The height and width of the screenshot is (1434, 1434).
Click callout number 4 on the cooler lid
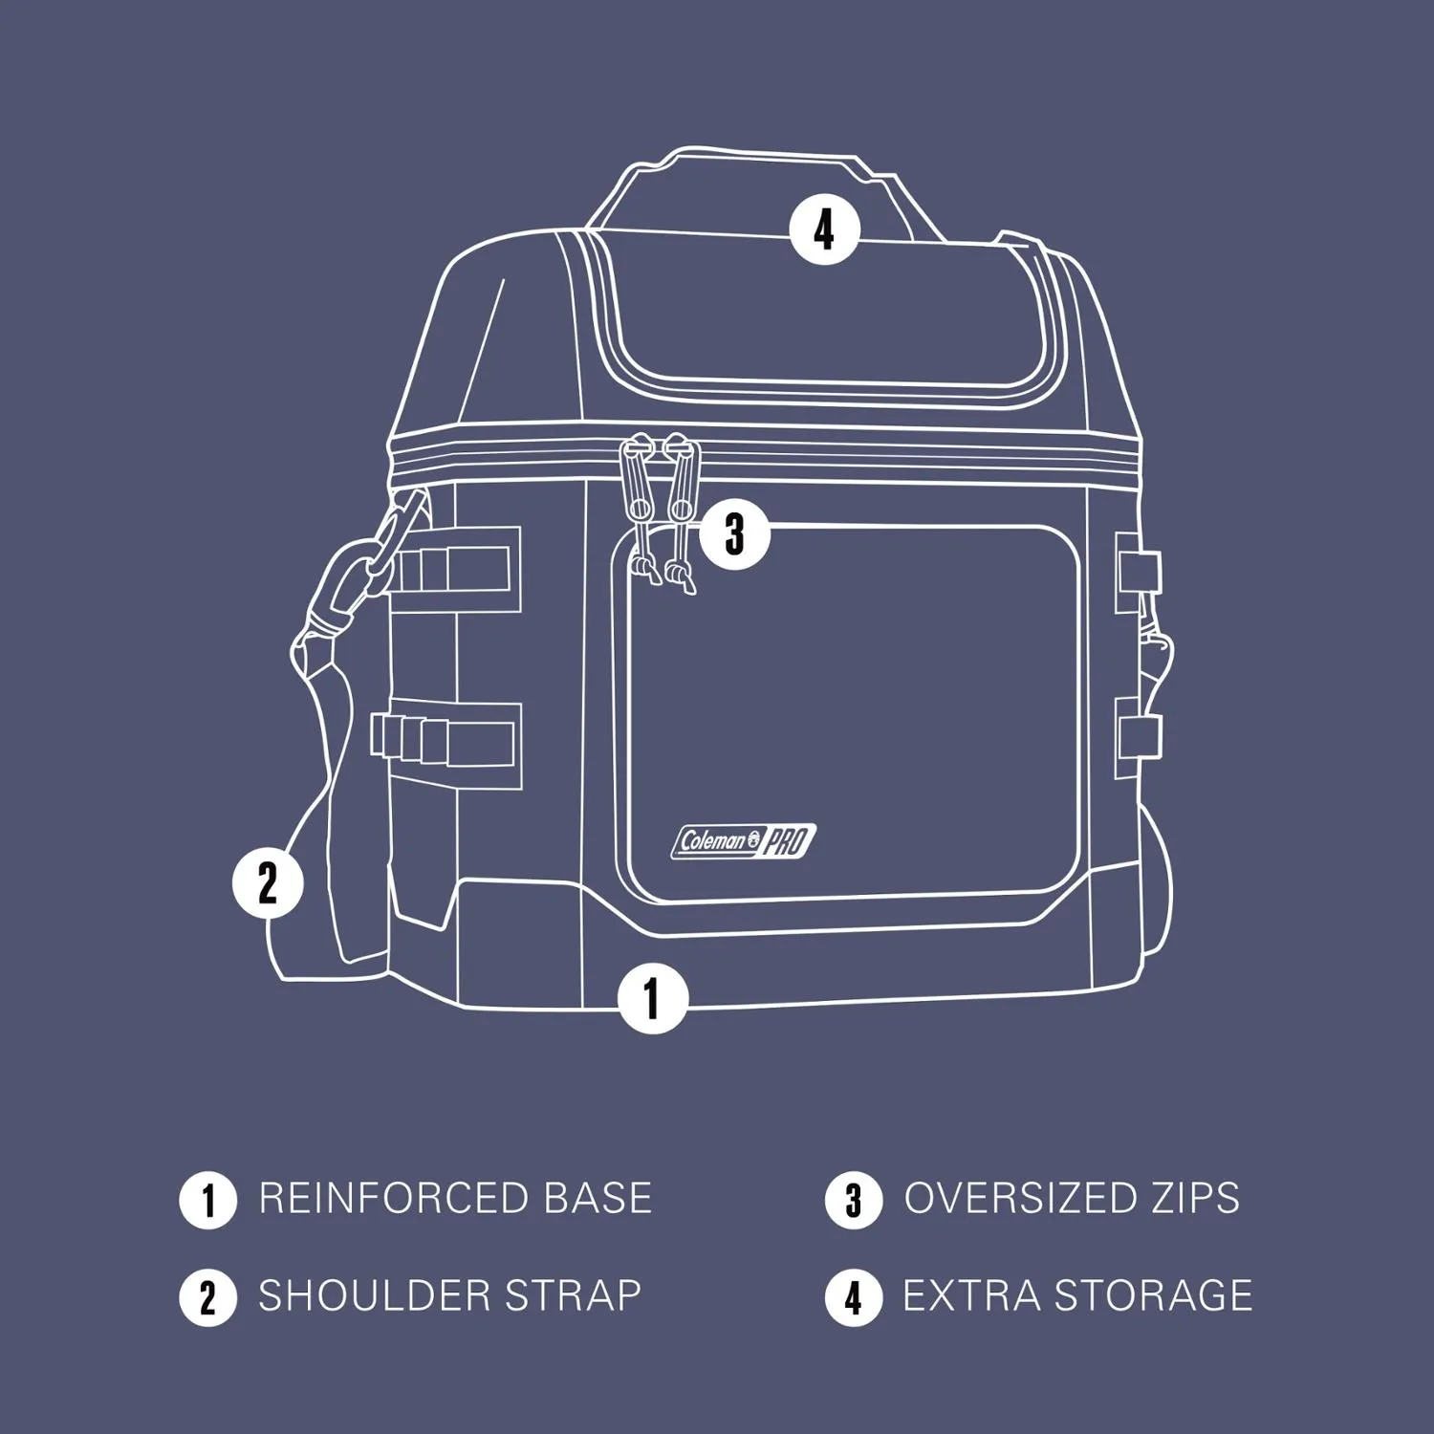pyautogui.click(x=824, y=229)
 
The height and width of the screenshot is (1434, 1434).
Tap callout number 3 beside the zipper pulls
pyautogui.click(x=734, y=533)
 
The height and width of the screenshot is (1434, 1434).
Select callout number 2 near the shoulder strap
pyautogui.click(x=268, y=882)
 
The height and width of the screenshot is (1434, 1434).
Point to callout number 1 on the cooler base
pyautogui.click(x=653, y=998)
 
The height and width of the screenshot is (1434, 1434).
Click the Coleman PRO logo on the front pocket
pyautogui.click(x=744, y=841)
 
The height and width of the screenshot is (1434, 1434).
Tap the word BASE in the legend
pyautogui.click(x=597, y=1199)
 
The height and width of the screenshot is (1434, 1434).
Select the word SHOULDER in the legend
pyautogui.click(x=376, y=1296)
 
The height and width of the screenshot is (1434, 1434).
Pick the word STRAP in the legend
pyautogui.click(x=573, y=1296)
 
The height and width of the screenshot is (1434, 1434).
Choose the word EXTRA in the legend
pyautogui.click(x=971, y=1296)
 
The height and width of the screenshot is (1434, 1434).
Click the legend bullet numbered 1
pyautogui.click(x=207, y=1201)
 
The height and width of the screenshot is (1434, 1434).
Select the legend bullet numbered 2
pyautogui.click(x=207, y=1298)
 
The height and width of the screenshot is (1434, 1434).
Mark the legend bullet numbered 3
pyautogui.click(x=854, y=1201)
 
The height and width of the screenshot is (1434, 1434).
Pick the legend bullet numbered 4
pyautogui.click(x=854, y=1298)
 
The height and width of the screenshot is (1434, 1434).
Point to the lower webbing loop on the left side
pyautogui.click(x=445, y=745)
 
